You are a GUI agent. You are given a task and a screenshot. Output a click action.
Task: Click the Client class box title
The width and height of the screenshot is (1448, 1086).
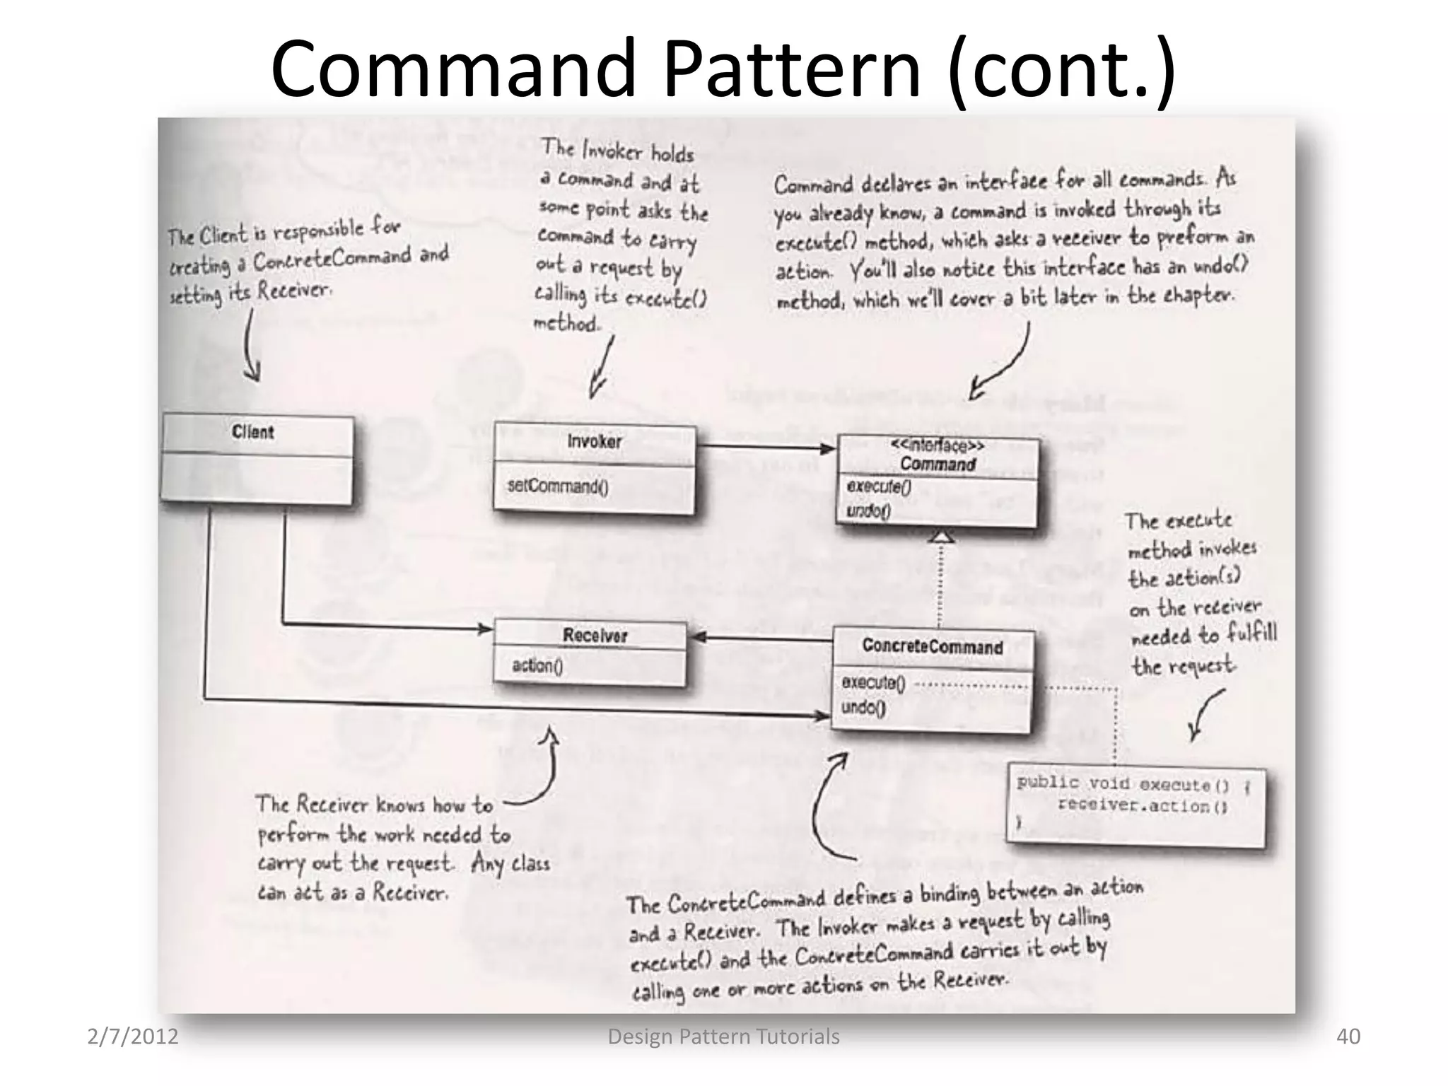pos(252,432)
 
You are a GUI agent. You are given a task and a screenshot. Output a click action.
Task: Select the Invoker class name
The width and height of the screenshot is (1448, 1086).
pos(594,441)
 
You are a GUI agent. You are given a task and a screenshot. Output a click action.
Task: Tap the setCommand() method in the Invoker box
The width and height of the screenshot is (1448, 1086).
pos(557,486)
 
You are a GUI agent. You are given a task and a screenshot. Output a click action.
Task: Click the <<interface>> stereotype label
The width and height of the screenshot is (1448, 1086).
pos(938,445)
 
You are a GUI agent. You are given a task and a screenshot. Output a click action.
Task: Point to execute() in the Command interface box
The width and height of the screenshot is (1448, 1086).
pos(878,486)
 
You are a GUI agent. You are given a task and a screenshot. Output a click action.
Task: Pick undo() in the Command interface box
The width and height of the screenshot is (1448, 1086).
pos(868,510)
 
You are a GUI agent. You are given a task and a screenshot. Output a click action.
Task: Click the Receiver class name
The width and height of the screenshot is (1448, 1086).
pos(595,636)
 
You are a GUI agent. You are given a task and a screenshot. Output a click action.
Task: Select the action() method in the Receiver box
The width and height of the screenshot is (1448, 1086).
pos(537,665)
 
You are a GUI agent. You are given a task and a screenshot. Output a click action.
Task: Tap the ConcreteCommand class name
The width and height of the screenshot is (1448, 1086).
pos(932,647)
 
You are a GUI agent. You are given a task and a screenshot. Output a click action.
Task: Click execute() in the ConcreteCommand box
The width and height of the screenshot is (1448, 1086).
pos(872,682)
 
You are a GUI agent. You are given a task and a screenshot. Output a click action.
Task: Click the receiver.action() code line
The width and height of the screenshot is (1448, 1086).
pos(1141,806)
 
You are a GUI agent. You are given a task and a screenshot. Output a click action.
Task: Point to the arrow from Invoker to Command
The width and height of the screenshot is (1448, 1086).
pos(766,448)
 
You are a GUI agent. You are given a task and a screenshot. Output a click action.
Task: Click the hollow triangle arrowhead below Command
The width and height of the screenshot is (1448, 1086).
pos(940,537)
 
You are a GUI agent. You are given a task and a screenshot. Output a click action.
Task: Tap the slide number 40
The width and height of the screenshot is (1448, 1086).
pos(1348,1037)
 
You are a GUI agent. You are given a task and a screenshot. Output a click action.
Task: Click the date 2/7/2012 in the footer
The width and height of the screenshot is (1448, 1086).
pos(132,1037)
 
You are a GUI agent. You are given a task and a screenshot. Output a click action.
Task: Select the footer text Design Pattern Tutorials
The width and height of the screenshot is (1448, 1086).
pos(723,1037)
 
